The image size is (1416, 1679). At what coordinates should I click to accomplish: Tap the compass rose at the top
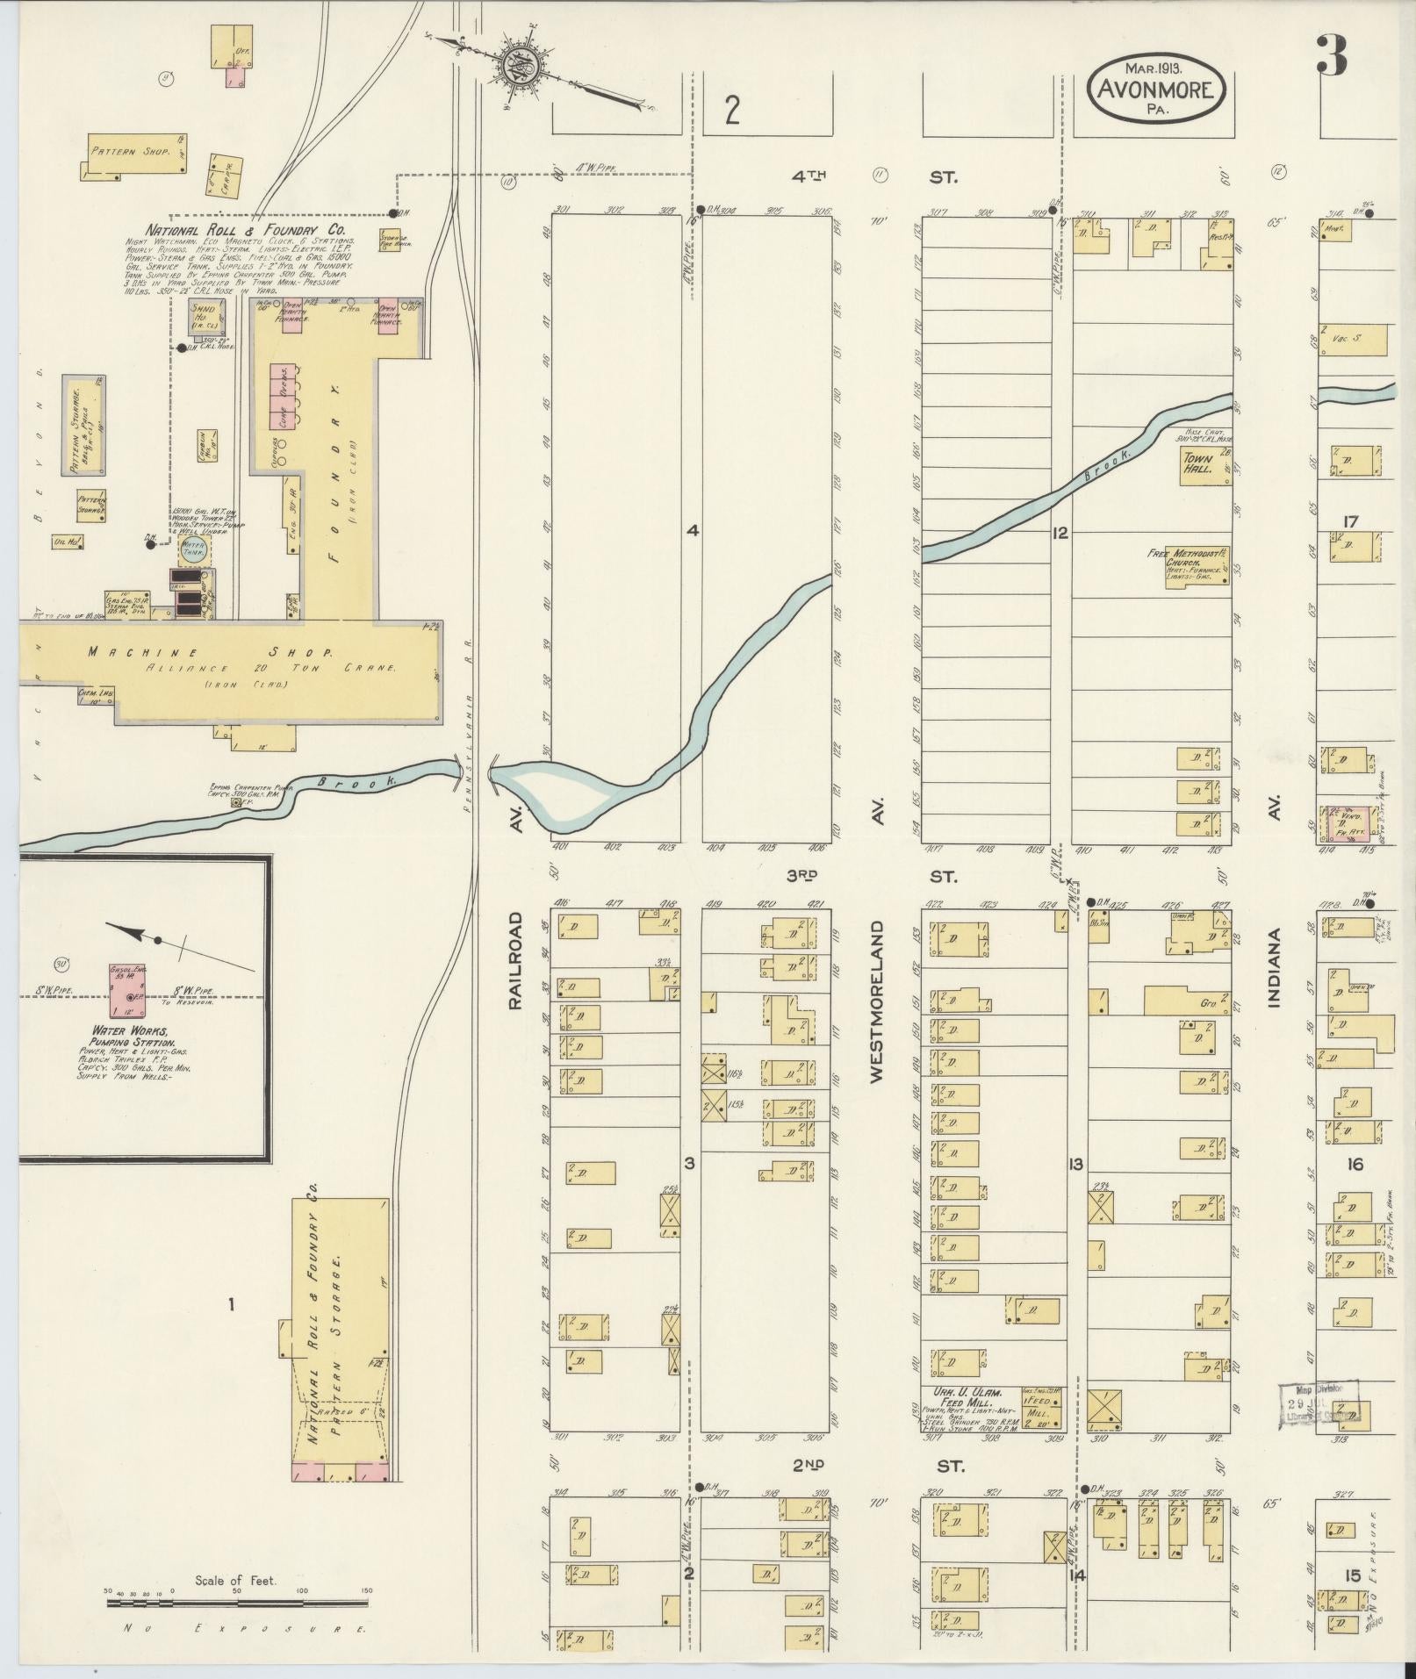(x=521, y=68)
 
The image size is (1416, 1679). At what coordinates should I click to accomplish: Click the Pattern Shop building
(x=136, y=154)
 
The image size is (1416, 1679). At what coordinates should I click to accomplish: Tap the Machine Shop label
(x=209, y=653)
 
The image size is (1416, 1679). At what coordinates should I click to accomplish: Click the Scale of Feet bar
(x=239, y=1603)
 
